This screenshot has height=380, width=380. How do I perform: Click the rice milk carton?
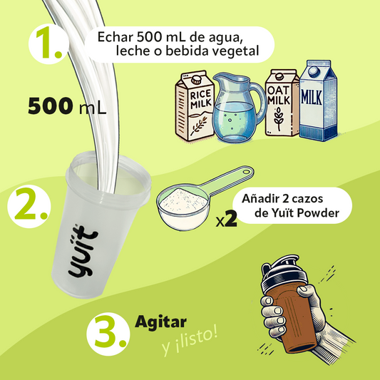(195, 106)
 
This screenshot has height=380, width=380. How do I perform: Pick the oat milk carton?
(282, 103)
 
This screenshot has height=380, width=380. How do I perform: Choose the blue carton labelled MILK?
(319, 101)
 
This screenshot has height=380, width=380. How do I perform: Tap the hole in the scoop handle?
(246, 172)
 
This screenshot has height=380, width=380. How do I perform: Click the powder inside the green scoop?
(183, 200)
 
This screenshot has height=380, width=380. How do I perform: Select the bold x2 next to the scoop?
(226, 219)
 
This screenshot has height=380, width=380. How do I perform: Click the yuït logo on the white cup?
(83, 252)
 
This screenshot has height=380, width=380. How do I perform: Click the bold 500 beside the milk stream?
(50, 106)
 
